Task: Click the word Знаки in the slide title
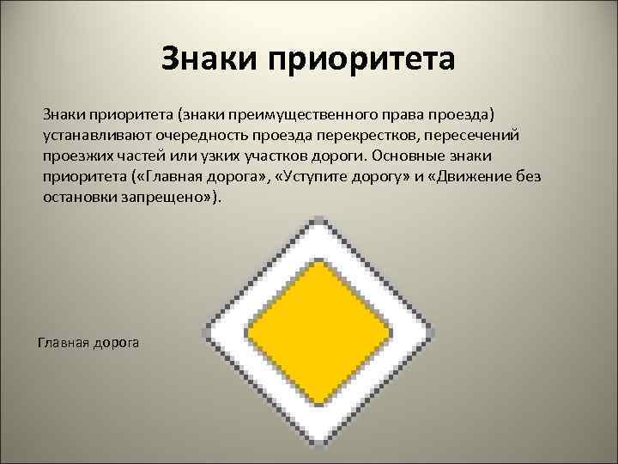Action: [209, 61]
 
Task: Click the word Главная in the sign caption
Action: [61, 343]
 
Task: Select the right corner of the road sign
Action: [434, 333]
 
